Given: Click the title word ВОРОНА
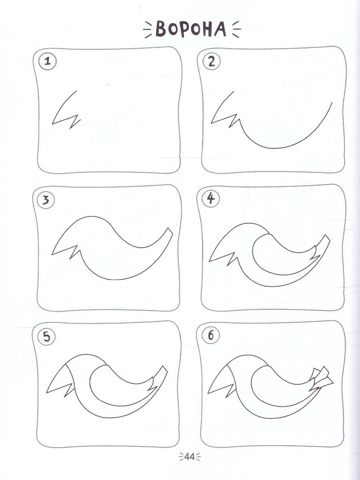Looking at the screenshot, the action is coord(191,29).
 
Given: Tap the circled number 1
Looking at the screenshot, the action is coord(48,61).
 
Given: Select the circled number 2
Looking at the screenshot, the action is coord(211,62).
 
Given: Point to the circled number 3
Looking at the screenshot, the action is coord(46,200).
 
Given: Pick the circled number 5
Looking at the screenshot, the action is coord(46,337).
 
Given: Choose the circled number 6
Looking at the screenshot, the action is coord(211,336).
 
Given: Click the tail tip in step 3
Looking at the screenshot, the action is coord(170,231).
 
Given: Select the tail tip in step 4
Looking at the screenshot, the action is coord(327,238).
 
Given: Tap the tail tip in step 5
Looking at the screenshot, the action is coord(164,369).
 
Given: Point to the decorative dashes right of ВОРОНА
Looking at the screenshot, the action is coord(236,29).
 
